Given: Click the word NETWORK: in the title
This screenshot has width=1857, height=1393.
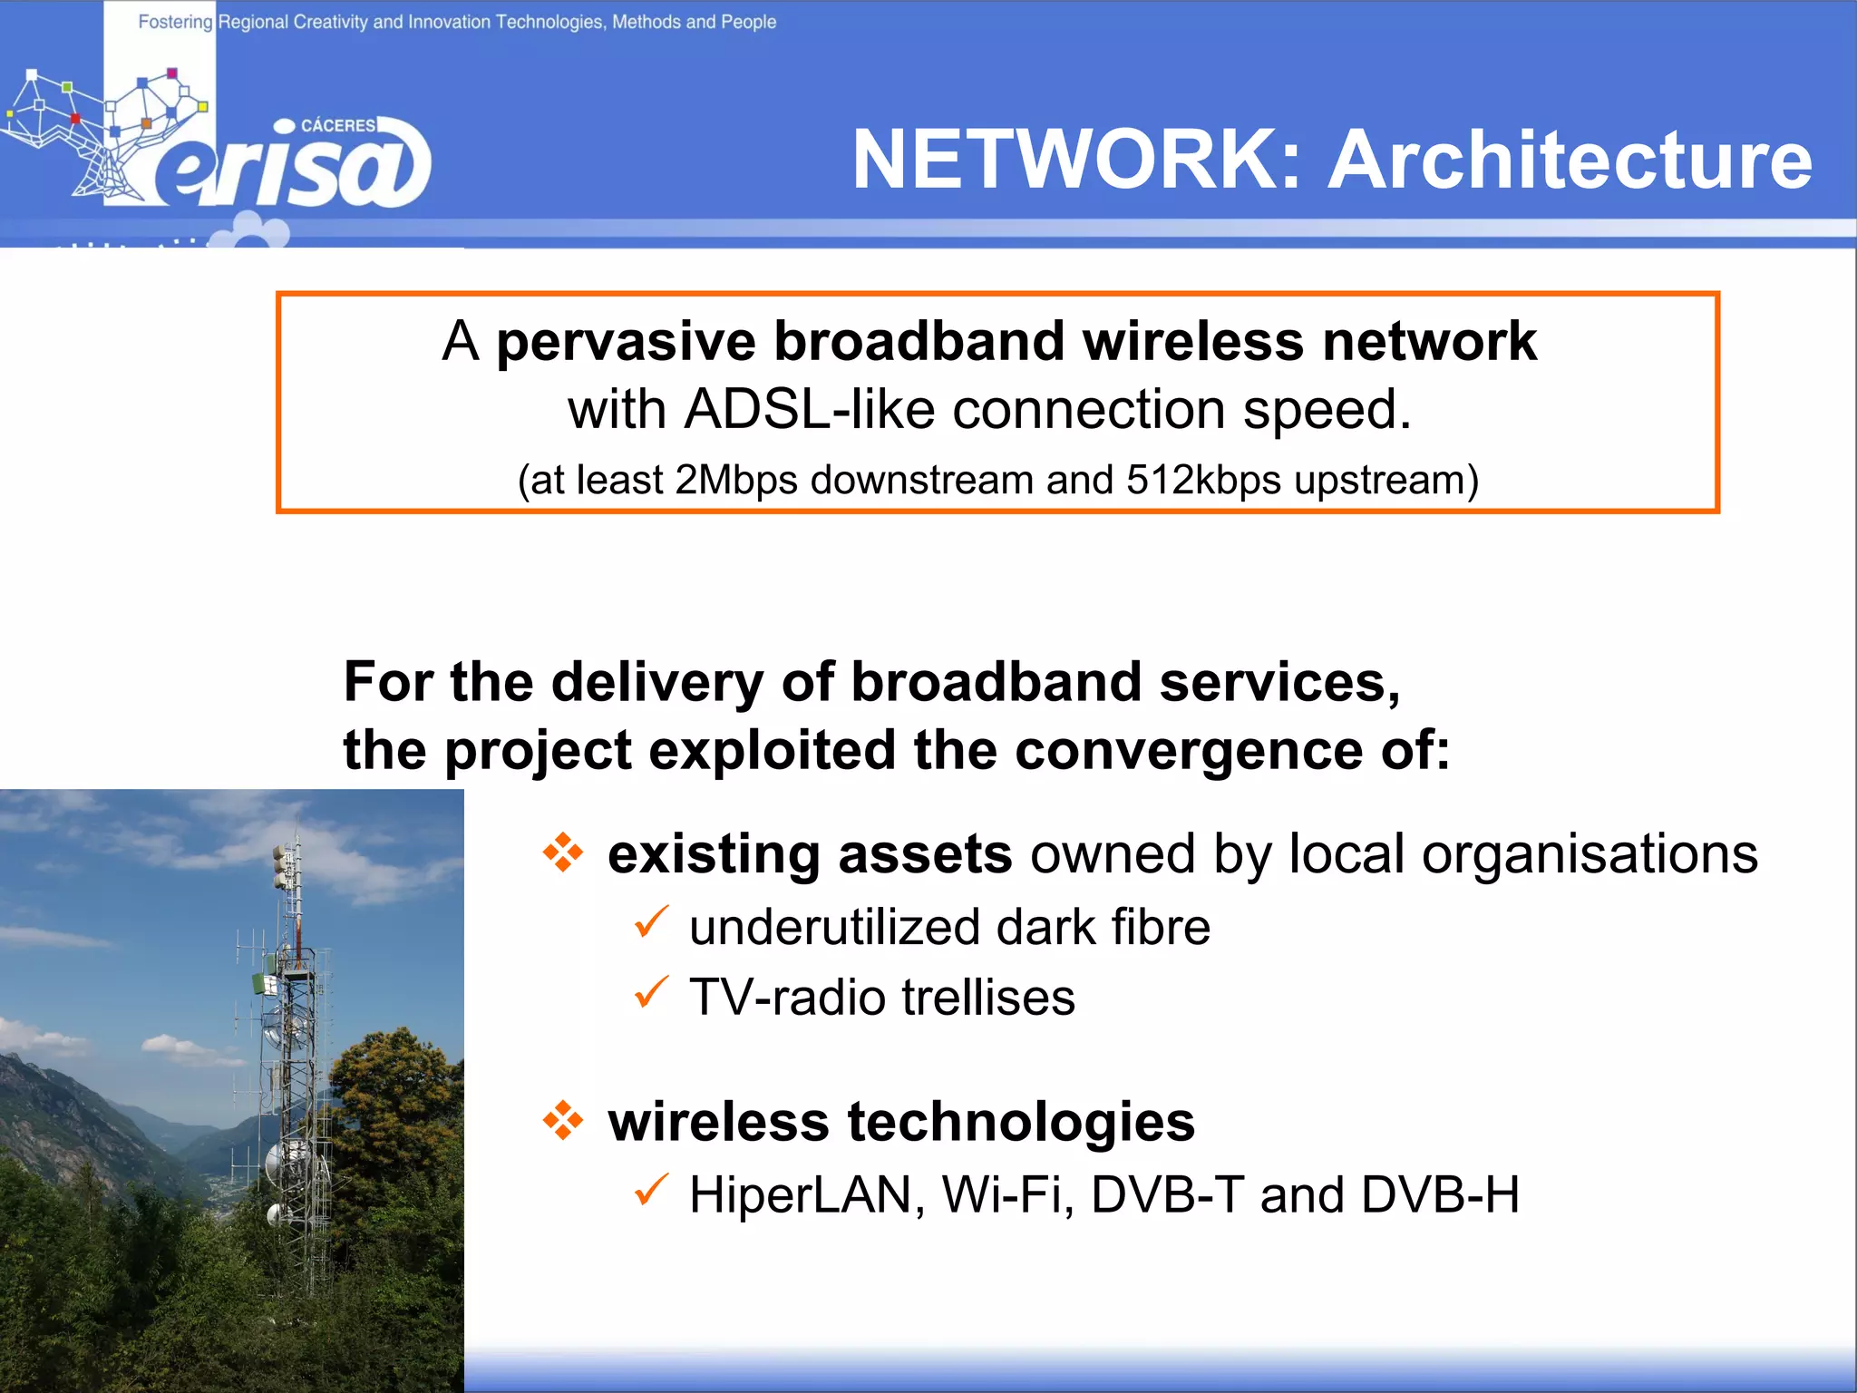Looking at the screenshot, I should (x=1076, y=160).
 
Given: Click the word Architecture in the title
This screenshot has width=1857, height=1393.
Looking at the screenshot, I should (x=1570, y=160).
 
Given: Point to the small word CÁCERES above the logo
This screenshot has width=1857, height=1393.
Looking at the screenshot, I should (x=338, y=125).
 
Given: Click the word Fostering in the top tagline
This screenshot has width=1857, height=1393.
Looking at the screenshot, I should (x=175, y=21).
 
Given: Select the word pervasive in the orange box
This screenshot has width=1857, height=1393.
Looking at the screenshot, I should (x=626, y=343).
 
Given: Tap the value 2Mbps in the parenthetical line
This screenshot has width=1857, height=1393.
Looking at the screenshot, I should (x=735, y=480).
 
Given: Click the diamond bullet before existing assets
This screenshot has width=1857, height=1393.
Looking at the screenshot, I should (x=563, y=852).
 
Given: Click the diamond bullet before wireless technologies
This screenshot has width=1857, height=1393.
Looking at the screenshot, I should (x=563, y=1120).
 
